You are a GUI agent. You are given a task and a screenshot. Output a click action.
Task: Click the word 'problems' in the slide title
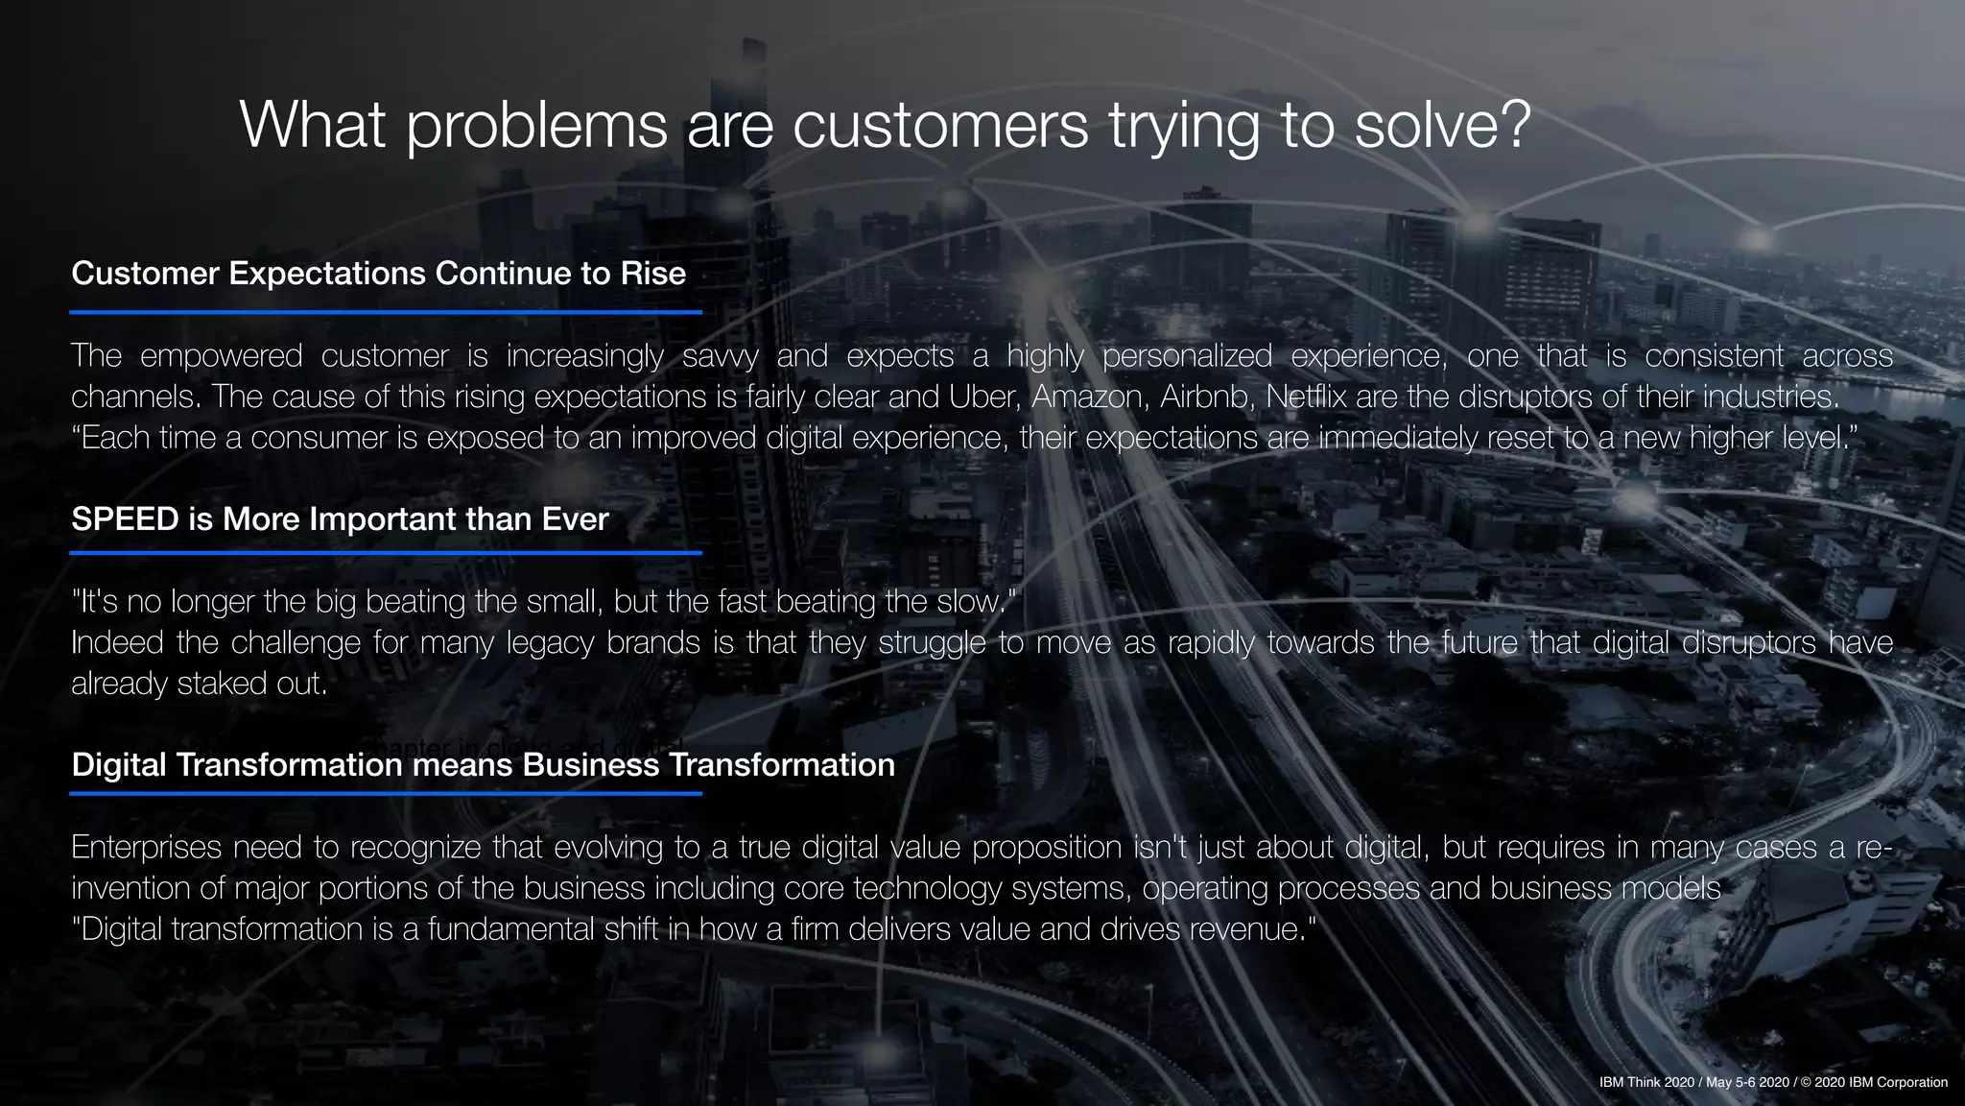[x=536, y=125]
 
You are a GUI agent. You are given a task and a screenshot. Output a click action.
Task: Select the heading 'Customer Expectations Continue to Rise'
[x=378, y=274]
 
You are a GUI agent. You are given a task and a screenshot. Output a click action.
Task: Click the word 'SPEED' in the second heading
[x=125, y=519]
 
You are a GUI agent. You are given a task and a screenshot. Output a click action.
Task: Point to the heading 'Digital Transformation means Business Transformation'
[x=483, y=765]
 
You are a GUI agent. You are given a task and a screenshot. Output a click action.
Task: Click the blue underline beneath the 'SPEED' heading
[x=385, y=553]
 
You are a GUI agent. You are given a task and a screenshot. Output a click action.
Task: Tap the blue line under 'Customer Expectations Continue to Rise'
[x=385, y=312]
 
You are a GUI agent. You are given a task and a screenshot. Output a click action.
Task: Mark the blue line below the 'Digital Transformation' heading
[x=385, y=794]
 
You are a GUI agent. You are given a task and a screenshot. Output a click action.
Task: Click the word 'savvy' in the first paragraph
[x=720, y=356]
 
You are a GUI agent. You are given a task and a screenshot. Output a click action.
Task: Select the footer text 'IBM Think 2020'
[x=1646, y=1083]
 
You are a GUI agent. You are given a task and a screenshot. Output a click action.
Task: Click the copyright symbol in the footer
[x=1806, y=1083]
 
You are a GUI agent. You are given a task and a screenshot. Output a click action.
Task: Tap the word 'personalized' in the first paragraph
[x=1187, y=356]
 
